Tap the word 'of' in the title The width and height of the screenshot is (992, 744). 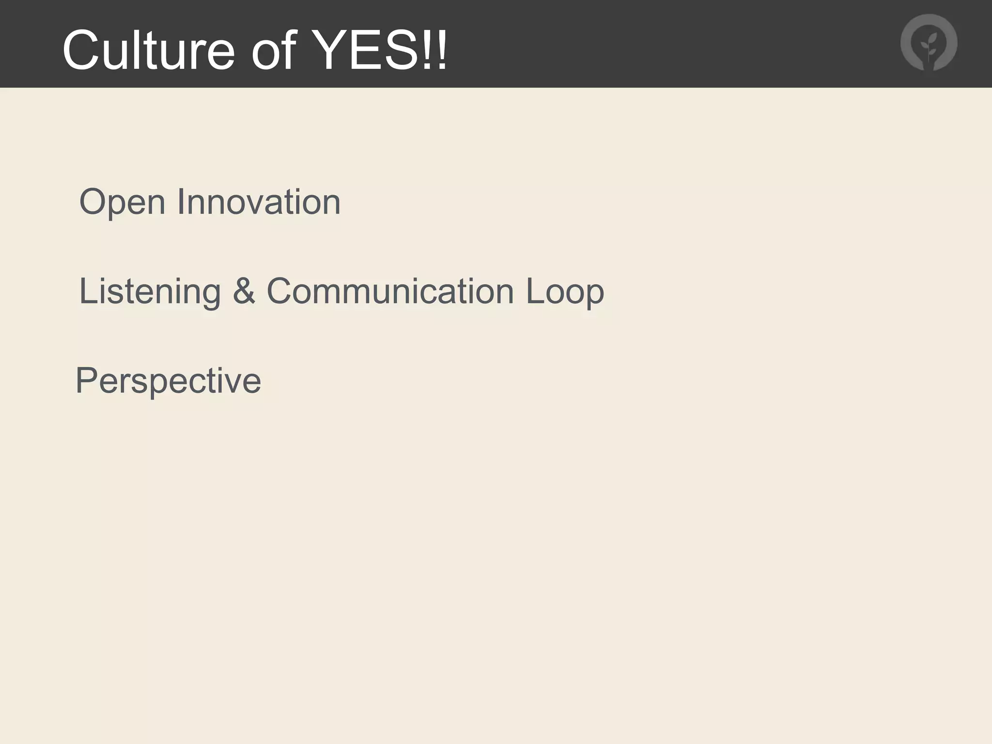click(x=273, y=50)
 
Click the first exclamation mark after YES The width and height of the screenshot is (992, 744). click(x=428, y=49)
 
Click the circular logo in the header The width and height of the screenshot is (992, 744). click(x=929, y=43)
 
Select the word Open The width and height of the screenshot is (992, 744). click(x=123, y=202)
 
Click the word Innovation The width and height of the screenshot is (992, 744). click(x=259, y=201)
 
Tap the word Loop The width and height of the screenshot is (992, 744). click(x=565, y=292)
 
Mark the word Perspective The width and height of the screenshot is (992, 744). click(x=169, y=381)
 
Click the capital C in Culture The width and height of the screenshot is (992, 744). click(x=80, y=50)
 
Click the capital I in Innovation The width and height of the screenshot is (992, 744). click(x=180, y=201)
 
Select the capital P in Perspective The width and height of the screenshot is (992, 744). click(x=86, y=380)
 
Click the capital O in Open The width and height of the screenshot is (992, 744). click(x=93, y=201)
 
